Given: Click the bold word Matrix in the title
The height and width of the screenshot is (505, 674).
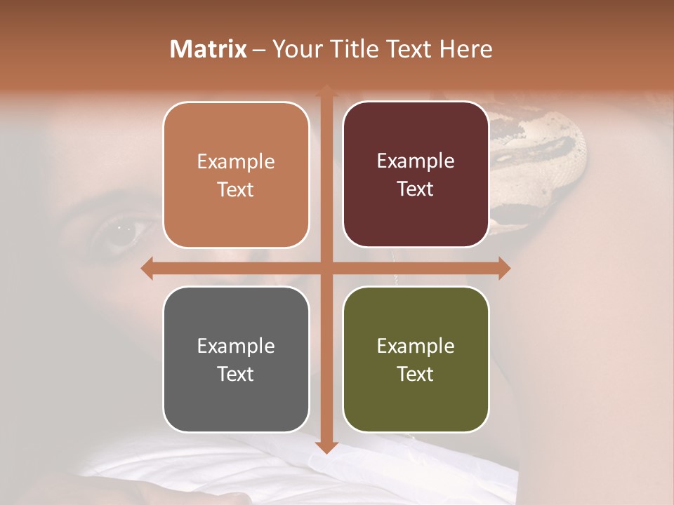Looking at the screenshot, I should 209,49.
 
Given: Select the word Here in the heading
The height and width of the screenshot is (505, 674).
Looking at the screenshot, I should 465,49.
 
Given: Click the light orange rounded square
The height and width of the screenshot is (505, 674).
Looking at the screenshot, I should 236,175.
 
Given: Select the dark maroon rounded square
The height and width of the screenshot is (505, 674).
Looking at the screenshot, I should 416,175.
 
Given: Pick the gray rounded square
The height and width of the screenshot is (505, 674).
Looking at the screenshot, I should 236,359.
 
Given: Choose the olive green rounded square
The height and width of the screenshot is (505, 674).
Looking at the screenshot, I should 416,359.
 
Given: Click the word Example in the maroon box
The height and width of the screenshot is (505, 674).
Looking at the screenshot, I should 416,161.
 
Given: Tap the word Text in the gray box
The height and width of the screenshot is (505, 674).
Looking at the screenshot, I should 236,374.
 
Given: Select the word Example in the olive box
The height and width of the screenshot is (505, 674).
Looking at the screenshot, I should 416,346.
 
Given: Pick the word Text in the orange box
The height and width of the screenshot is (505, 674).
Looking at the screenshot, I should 236,189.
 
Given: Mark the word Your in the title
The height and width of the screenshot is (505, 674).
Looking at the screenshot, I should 295,49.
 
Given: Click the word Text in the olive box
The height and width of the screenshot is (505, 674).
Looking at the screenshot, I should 416,374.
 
